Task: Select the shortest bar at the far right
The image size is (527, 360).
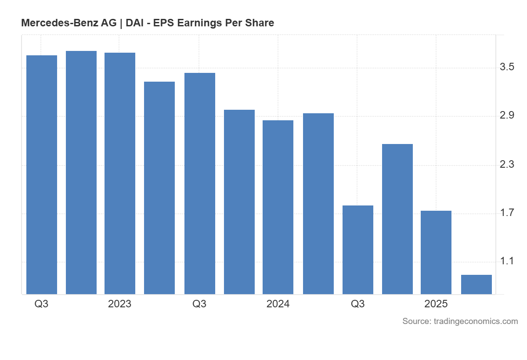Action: (x=476, y=284)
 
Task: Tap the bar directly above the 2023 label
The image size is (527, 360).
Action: (x=120, y=173)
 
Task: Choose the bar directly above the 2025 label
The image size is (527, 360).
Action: (x=436, y=252)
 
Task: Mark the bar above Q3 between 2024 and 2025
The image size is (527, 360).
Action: (x=358, y=250)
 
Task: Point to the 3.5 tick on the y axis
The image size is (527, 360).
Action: (x=507, y=67)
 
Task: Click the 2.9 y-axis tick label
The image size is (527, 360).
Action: (x=507, y=116)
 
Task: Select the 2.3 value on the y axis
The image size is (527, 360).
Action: (x=507, y=165)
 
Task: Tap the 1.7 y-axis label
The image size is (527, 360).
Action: (x=507, y=213)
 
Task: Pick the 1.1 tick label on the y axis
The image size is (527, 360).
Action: (x=507, y=262)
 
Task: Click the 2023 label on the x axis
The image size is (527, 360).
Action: (x=119, y=304)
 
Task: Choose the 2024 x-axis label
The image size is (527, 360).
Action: (x=278, y=304)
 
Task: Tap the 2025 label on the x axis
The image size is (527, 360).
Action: (x=436, y=304)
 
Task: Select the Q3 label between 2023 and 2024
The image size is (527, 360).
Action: (x=199, y=304)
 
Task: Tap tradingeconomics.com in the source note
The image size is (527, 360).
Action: (x=476, y=321)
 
